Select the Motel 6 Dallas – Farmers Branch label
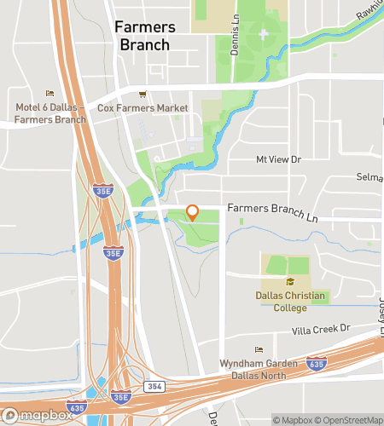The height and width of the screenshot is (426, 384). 50,113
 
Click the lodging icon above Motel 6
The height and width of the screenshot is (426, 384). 49,94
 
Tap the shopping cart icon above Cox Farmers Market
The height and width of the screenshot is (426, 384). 143,95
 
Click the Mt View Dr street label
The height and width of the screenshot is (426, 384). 279,159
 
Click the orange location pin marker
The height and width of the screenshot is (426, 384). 192,212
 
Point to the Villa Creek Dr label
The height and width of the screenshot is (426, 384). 322,328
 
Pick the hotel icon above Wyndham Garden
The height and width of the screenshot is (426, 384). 259,350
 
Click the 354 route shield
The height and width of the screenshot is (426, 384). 154,387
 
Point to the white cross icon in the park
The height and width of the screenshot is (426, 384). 263,35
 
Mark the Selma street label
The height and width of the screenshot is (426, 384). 369,177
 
